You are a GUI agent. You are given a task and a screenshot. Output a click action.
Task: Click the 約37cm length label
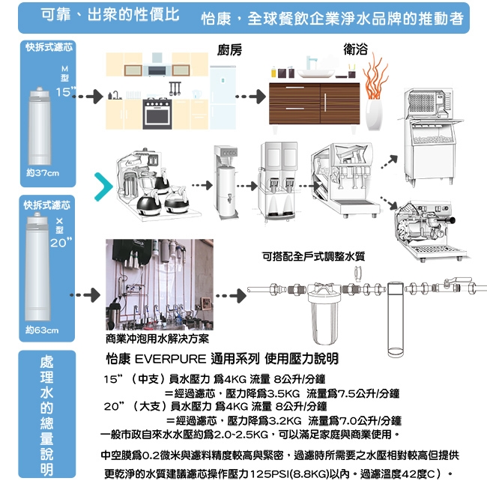[x=42, y=173]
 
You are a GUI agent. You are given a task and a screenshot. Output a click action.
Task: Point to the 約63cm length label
[x=42, y=329]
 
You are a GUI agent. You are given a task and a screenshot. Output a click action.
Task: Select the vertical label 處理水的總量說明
[x=46, y=416]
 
